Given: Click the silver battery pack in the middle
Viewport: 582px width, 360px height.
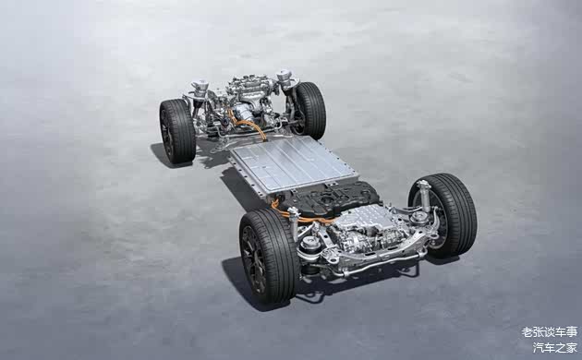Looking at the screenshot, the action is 293,165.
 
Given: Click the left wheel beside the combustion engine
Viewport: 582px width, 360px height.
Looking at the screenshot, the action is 177,131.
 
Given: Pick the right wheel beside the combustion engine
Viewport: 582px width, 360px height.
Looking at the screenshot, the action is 309,111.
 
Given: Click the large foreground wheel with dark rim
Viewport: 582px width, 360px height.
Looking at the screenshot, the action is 268,256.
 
